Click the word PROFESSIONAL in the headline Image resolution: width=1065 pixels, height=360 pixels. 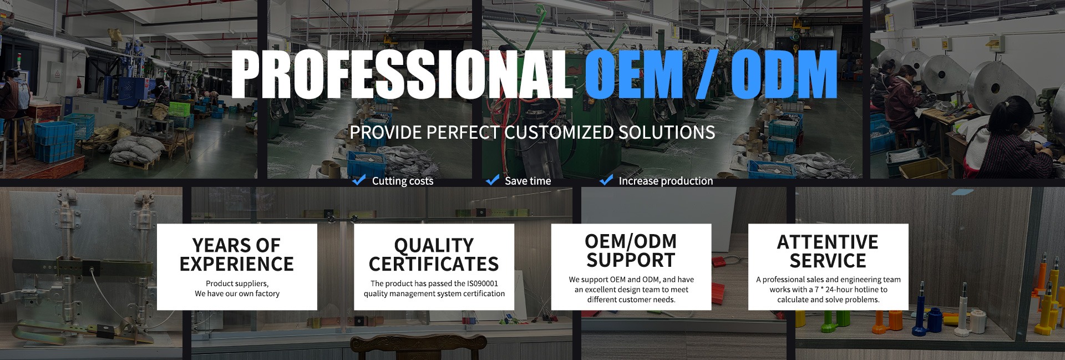pos(402,74)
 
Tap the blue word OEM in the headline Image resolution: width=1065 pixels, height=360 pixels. pos(633,74)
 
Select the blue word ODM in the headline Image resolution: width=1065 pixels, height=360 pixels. pos(783,74)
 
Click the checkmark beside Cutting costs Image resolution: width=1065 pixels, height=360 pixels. pos(359,180)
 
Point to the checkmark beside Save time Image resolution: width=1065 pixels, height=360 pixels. pos(492,180)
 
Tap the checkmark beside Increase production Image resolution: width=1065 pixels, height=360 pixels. pos(606,180)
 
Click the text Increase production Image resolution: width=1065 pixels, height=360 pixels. pos(666,181)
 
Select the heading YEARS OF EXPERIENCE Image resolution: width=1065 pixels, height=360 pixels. pos(237,255)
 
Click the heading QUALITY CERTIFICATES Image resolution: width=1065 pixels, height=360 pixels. pos(434,255)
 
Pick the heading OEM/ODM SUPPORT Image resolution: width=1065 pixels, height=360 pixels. pos(631,251)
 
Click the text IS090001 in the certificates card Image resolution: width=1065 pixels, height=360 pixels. pos(483,283)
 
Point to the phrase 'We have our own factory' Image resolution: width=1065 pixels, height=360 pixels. pos(237,293)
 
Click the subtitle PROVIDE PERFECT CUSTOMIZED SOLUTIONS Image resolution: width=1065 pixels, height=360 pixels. pos(532,133)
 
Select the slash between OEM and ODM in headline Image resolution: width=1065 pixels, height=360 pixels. pos(707,74)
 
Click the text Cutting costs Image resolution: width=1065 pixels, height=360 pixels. pos(403,181)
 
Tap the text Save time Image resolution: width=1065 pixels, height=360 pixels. pos(528,181)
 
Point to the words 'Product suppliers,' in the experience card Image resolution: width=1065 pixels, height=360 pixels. pos(237,283)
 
